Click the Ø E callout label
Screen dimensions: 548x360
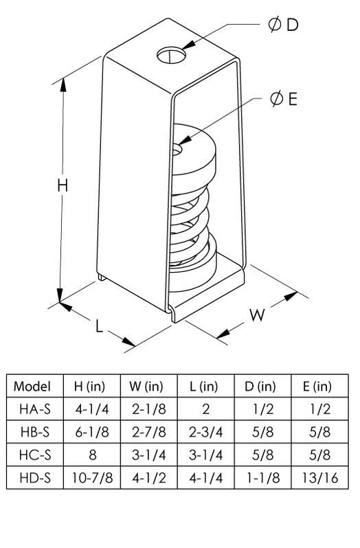[x=282, y=100]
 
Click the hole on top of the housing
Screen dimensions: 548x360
[x=170, y=53]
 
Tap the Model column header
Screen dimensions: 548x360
[x=34, y=386]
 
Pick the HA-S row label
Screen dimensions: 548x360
[x=34, y=409]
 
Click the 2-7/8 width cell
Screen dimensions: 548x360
[x=148, y=432]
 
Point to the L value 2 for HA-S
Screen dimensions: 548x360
[x=205, y=409]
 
